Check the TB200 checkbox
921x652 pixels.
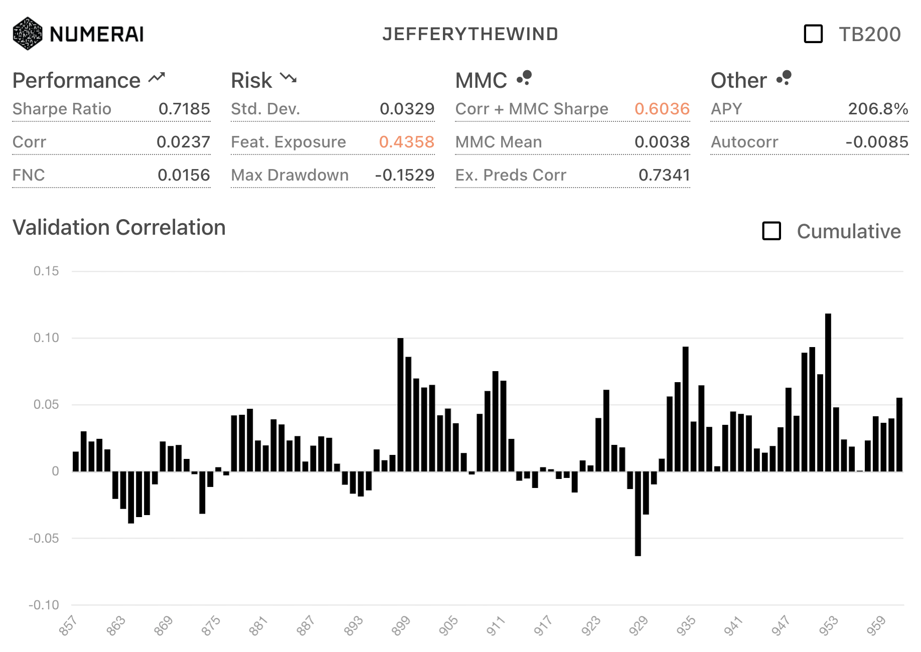click(x=813, y=34)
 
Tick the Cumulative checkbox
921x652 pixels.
click(x=772, y=231)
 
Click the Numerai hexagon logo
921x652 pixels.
click(x=28, y=34)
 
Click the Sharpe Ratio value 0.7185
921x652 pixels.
click(x=184, y=109)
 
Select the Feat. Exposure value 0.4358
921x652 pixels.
click(x=406, y=142)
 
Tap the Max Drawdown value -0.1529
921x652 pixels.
click(x=404, y=175)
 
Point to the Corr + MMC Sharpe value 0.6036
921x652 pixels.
click(x=662, y=109)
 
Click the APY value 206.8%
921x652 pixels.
click(x=878, y=109)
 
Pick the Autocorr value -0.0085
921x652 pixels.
click(x=876, y=142)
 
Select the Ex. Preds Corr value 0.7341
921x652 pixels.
click(x=664, y=175)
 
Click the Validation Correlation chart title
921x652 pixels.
click(x=119, y=228)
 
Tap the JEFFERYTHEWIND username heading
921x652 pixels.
click(x=470, y=34)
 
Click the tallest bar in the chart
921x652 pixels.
click(x=828, y=391)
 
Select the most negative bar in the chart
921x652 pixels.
click(x=638, y=514)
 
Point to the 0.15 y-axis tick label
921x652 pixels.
click(x=46, y=271)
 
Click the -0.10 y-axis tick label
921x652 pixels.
click(x=44, y=605)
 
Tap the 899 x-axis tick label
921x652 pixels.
click(x=401, y=626)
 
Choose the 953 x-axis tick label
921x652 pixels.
click(x=829, y=626)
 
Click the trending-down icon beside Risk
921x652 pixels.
click(x=288, y=78)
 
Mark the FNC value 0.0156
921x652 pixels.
click(x=184, y=175)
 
